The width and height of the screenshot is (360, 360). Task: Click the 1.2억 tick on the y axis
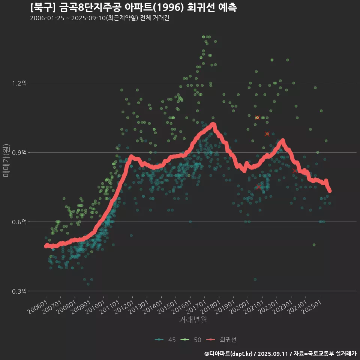19,83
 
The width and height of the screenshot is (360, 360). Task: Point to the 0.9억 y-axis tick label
19,152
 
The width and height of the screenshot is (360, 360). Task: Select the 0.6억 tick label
19,222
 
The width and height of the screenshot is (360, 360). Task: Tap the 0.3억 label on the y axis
19,291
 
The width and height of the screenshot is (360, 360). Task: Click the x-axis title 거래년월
193,320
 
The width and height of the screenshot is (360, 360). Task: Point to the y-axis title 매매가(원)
6,160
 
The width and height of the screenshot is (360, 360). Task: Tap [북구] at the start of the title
43,7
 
